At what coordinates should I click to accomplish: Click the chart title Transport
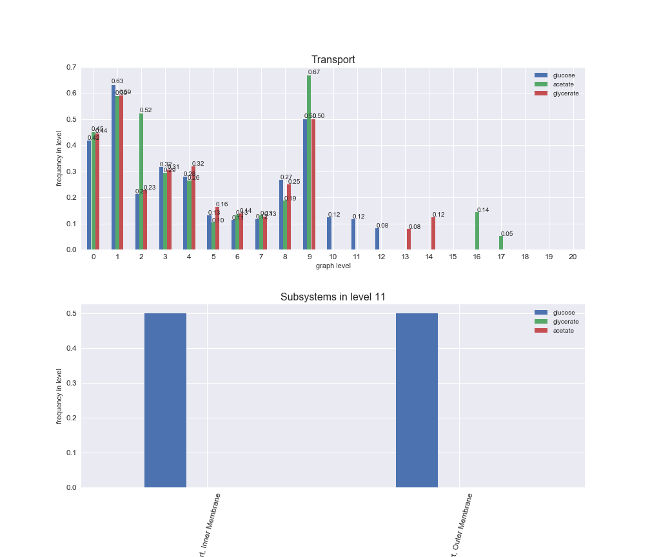333,60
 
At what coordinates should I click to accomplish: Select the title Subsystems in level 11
333,297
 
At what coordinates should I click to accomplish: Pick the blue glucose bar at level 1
113,168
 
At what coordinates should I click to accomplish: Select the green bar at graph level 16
477,231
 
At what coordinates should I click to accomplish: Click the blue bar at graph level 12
377,239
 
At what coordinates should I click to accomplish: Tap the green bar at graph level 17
500,243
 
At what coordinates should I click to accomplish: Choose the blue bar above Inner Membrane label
165,400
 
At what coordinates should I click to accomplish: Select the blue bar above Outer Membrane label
417,400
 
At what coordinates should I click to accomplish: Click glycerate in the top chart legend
566,93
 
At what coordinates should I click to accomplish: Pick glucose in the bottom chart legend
564,312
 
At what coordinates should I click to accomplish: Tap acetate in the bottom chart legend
563,331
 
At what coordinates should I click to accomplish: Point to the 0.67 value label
314,72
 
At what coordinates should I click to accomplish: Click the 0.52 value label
146,110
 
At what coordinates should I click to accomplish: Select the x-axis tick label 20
573,257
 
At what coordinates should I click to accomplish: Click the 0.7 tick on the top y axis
71,67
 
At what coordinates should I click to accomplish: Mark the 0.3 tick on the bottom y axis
71,383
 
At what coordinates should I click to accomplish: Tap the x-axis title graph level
333,266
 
